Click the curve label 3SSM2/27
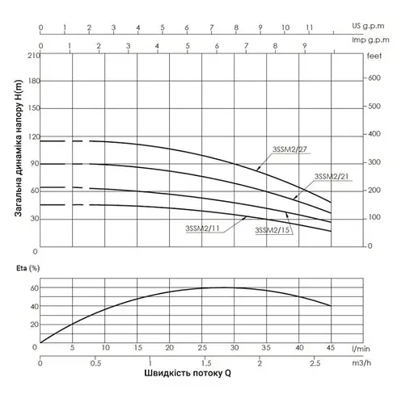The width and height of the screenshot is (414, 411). [288, 149]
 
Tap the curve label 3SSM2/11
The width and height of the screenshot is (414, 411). [203, 229]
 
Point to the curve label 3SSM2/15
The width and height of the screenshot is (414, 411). [272, 230]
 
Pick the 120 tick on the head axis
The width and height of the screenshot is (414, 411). [33, 136]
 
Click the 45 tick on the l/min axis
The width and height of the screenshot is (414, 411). [331, 348]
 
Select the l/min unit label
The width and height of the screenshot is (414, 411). [362, 348]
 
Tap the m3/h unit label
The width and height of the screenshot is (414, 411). [362, 363]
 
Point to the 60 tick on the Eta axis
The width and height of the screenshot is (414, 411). [35, 287]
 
